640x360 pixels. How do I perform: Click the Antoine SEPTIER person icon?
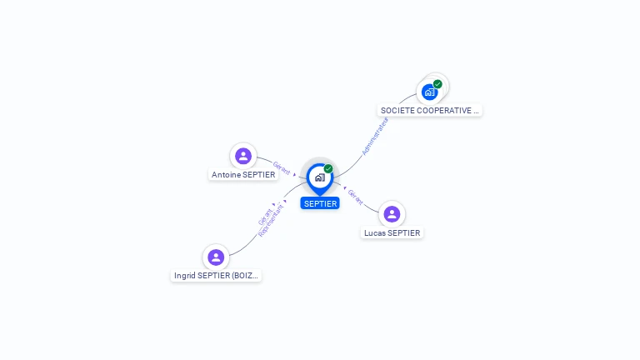(243, 156)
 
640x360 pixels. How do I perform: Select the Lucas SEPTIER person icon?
(392, 214)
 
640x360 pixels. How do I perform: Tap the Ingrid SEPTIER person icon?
(216, 257)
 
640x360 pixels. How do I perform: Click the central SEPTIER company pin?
(319, 177)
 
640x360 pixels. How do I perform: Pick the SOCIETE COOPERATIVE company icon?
(430, 92)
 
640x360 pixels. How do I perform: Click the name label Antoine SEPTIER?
(243, 175)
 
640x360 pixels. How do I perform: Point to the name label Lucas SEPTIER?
(392, 233)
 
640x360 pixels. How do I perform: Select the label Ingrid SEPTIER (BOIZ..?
(217, 276)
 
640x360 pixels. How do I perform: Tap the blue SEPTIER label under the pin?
(320, 203)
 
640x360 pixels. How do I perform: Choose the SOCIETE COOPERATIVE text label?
(430, 110)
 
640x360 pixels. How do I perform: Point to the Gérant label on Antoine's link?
(282, 167)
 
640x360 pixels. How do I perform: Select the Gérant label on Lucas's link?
(355, 197)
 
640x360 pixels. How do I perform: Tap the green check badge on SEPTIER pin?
(328, 169)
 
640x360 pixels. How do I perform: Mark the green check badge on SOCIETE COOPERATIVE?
(437, 84)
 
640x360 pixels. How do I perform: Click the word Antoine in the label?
(226, 175)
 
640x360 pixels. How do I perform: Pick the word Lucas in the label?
(375, 233)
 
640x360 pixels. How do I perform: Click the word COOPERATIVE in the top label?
(445, 110)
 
